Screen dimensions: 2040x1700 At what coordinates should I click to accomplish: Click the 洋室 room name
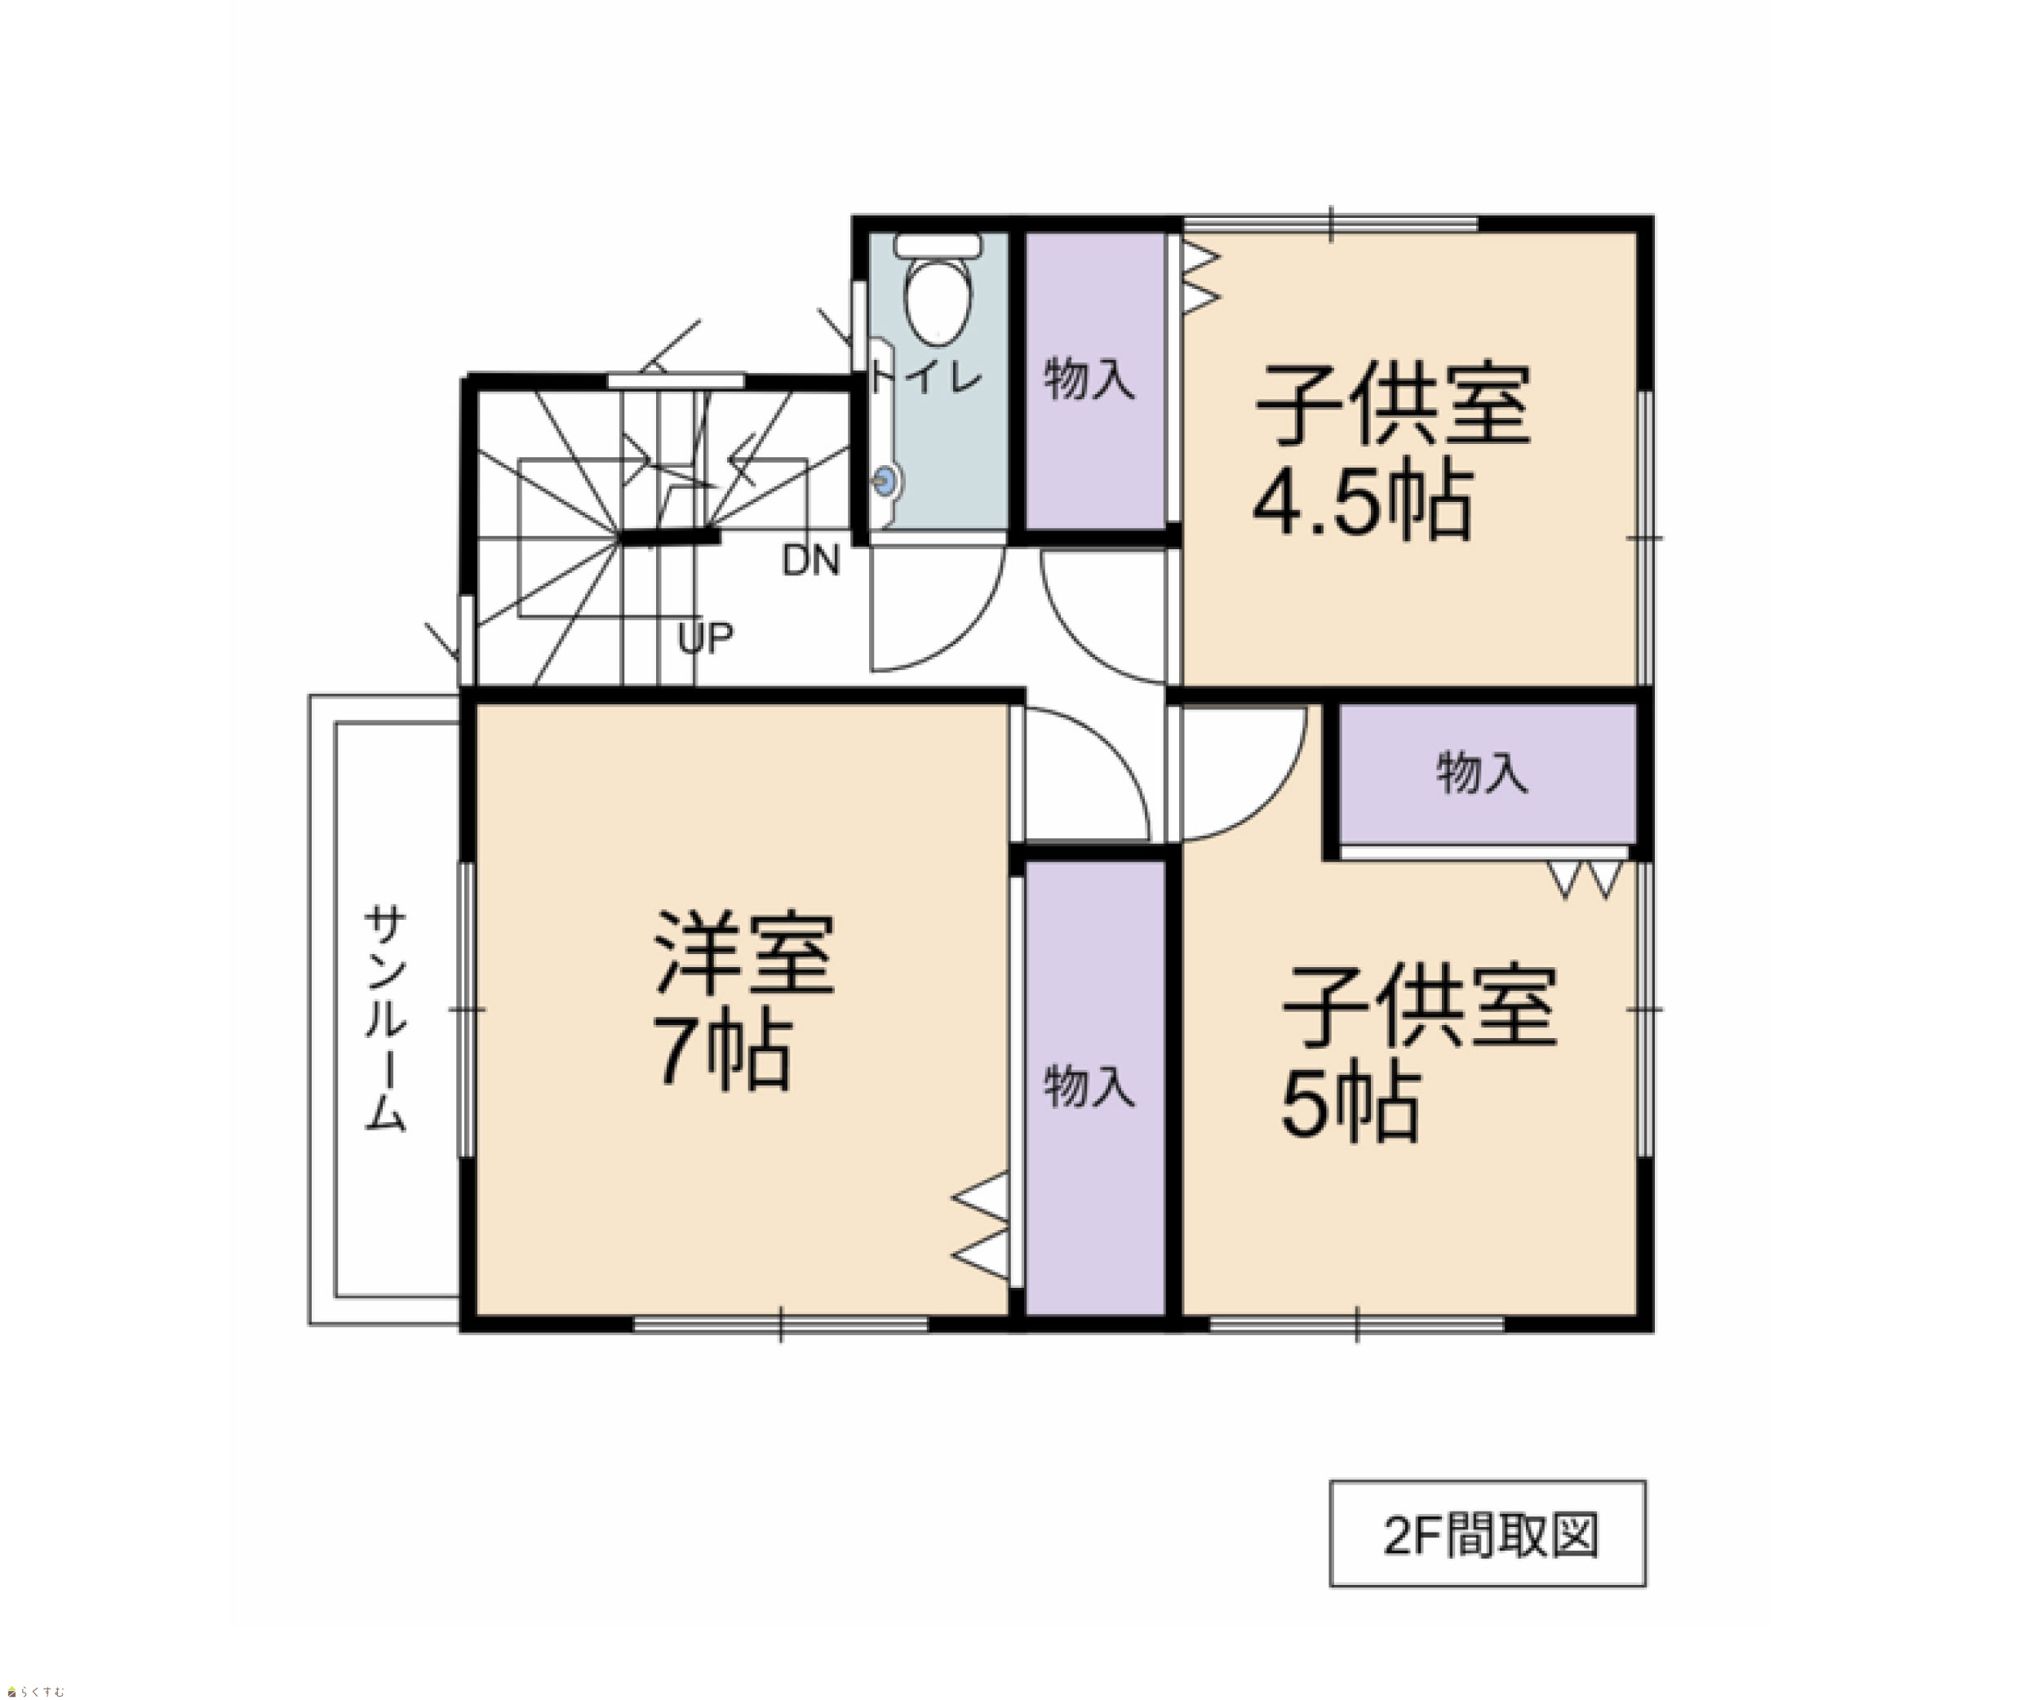pyautogui.click(x=744, y=954)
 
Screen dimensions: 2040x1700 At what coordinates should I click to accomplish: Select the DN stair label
pyautogui.click(x=810, y=561)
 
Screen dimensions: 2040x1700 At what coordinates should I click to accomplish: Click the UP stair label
pyautogui.click(x=705, y=638)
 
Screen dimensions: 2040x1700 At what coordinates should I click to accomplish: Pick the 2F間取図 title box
pyautogui.click(x=1488, y=1534)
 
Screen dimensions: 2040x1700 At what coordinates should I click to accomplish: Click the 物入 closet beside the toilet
pyautogui.click(x=1096, y=381)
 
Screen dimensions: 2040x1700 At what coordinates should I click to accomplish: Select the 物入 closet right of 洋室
pyautogui.click(x=1096, y=1089)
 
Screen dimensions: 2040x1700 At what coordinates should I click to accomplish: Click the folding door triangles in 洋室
pyautogui.click(x=981, y=1225)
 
